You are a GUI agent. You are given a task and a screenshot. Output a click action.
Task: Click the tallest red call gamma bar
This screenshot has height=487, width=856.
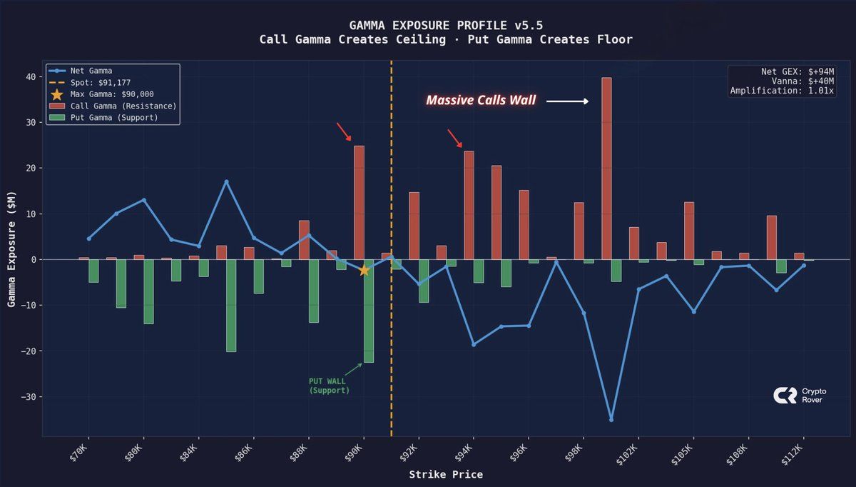pyautogui.click(x=606, y=168)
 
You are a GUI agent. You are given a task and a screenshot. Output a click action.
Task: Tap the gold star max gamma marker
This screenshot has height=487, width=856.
pyautogui.click(x=364, y=270)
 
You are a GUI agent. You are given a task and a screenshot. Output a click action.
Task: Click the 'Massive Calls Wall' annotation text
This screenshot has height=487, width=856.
pyautogui.click(x=481, y=101)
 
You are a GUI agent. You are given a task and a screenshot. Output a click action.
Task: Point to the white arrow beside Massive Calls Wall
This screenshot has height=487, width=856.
pyautogui.click(x=567, y=101)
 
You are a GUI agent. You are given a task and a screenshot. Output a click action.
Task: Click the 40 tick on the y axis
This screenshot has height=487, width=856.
pyautogui.click(x=30, y=77)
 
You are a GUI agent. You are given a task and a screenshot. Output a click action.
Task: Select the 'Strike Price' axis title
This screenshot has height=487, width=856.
pyautogui.click(x=446, y=474)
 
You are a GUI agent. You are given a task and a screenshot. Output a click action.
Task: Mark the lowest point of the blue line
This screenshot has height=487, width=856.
pyautogui.click(x=611, y=419)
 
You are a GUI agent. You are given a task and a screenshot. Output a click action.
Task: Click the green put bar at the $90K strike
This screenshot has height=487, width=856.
pyautogui.click(x=369, y=311)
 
